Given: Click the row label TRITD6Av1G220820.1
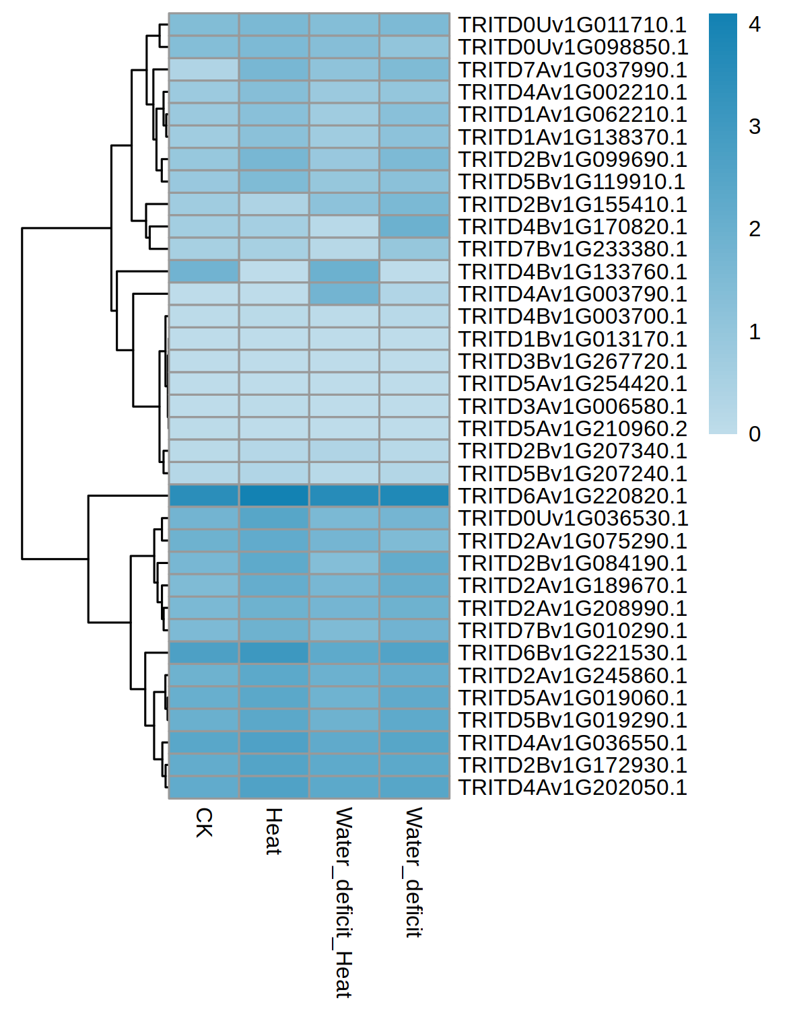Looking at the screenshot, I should (572, 496).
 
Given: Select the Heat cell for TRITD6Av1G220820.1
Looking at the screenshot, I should (274, 496).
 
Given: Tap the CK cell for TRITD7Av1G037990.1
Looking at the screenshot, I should (204, 69).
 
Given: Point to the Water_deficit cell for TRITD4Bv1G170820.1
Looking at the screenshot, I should (414, 227).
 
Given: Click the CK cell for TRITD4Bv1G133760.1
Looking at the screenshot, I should (204, 271).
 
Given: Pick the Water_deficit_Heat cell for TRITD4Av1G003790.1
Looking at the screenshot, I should (344, 294).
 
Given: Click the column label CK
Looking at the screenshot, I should (204, 822).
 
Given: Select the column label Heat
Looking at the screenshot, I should (273, 831).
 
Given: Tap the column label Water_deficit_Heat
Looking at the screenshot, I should (343, 902).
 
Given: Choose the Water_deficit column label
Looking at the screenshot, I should (413, 872).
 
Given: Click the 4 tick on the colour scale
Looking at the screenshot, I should (755, 24).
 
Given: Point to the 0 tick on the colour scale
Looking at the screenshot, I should (755, 434).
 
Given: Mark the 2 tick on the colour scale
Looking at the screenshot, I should (755, 230).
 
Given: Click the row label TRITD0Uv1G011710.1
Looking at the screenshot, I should (572, 25).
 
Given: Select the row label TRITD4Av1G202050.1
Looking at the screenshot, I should (572, 787).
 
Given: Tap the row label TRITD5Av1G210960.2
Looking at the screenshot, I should (572, 429).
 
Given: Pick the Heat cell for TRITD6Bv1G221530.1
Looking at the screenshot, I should (274, 653).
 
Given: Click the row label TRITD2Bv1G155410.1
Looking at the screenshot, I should (572, 204).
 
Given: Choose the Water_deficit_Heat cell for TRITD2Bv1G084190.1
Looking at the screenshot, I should (344, 563).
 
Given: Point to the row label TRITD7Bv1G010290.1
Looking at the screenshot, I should (572, 631).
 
